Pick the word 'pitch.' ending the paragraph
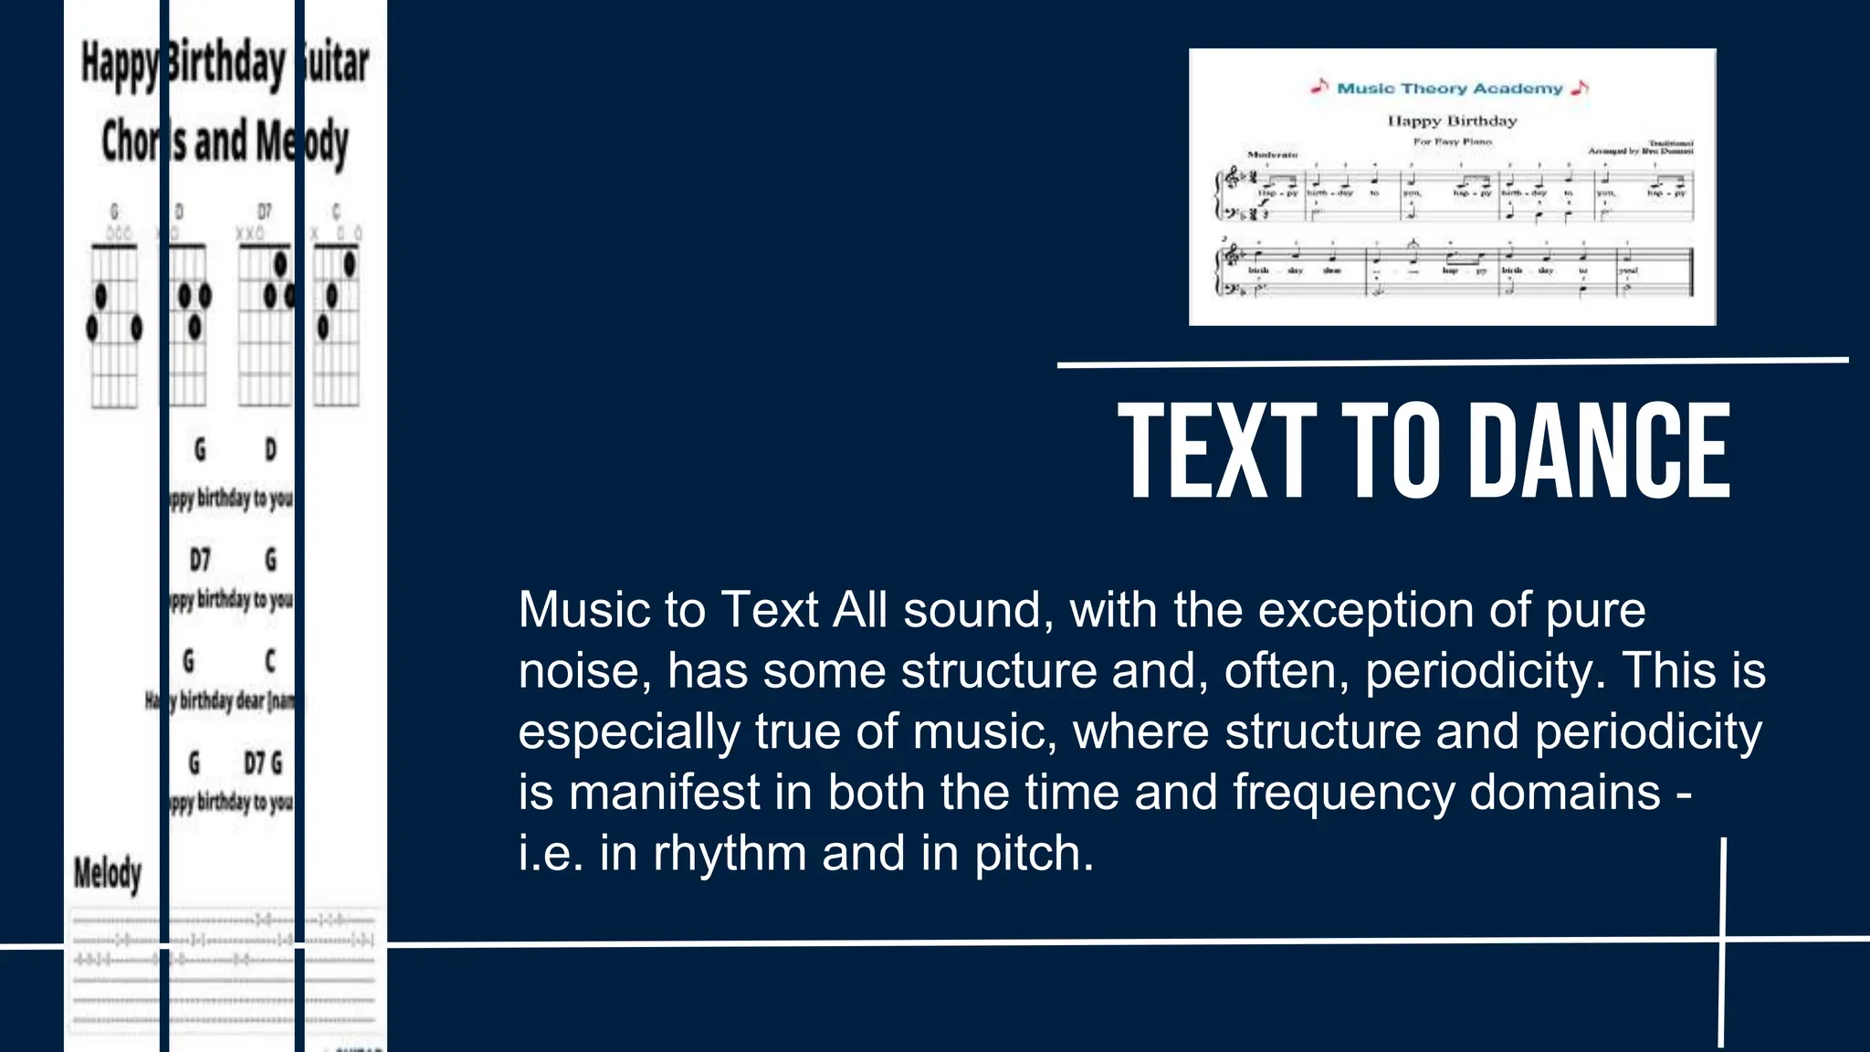1034,853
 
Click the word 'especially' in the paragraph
629,731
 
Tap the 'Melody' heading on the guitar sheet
108,874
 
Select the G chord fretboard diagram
114,324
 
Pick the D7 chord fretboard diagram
266,324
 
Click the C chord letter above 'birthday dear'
269,660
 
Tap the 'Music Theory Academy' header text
1450,89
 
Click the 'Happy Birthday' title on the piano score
1452,121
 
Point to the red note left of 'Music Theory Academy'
1319,87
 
